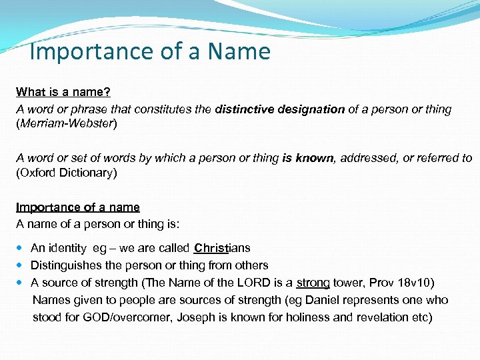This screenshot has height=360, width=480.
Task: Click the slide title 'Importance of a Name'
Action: [151, 51]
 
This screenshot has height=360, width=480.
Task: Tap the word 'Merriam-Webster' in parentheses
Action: [66, 125]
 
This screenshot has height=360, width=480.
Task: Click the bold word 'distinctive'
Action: [243, 109]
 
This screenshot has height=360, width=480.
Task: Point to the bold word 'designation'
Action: [309, 109]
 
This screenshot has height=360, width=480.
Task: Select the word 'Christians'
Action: [222, 249]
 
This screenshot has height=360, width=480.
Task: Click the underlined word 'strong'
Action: [313, 283]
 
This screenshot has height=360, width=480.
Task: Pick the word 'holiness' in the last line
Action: [298, 317]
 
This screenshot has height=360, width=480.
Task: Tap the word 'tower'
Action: [349, 283]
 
